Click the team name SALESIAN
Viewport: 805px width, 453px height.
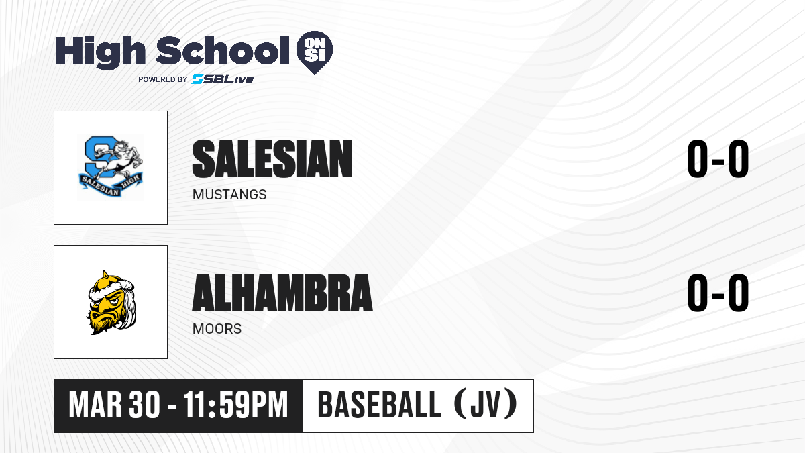[x=272, y=159]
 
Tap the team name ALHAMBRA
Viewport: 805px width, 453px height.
[x=282, y=293]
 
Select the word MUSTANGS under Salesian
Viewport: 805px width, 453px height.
[x=229, y=195]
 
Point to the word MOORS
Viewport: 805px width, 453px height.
[x=217, y=329]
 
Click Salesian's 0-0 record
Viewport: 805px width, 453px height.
[x=718, y=159]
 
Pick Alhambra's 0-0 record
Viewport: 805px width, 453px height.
[x=718, y=293]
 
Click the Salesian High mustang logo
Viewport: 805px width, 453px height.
[x=111, y=167]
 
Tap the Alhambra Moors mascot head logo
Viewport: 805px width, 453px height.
[x=111, y=303]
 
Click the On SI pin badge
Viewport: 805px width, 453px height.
[x=315, y=52]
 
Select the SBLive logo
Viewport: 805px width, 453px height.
[x=223, y=79]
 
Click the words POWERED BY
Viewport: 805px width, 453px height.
[x=163, y=79]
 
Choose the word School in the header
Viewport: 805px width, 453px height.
[x=223, y=50]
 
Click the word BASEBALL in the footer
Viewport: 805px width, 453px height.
[x=379, y=405]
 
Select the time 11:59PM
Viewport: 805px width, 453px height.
[x=235, y=405]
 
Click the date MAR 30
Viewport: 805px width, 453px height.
[x=114, y=405]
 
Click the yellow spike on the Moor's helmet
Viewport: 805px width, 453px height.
[x=105, y=274]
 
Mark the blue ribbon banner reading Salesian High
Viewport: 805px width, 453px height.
[x=111, y=184]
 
